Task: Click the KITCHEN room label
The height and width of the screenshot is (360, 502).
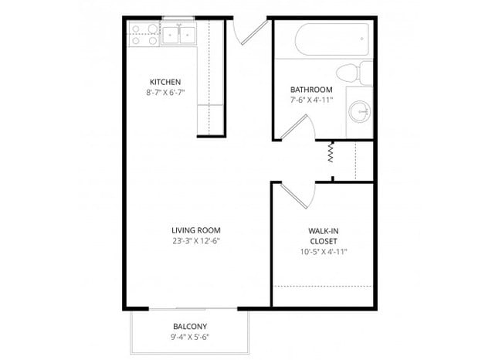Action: click(165, 82)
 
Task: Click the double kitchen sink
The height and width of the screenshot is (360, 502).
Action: click(181, 34)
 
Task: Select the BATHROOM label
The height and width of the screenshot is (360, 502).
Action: click(306, 89)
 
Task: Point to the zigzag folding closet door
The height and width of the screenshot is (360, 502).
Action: click(330, 151)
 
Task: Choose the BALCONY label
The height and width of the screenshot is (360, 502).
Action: click(189, 326)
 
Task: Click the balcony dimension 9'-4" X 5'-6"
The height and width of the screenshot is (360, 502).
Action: click(189, 337)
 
